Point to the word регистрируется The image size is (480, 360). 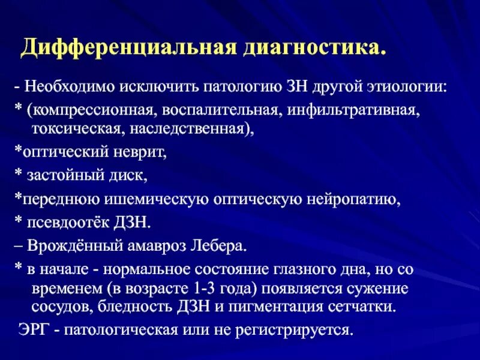[290, 331]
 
